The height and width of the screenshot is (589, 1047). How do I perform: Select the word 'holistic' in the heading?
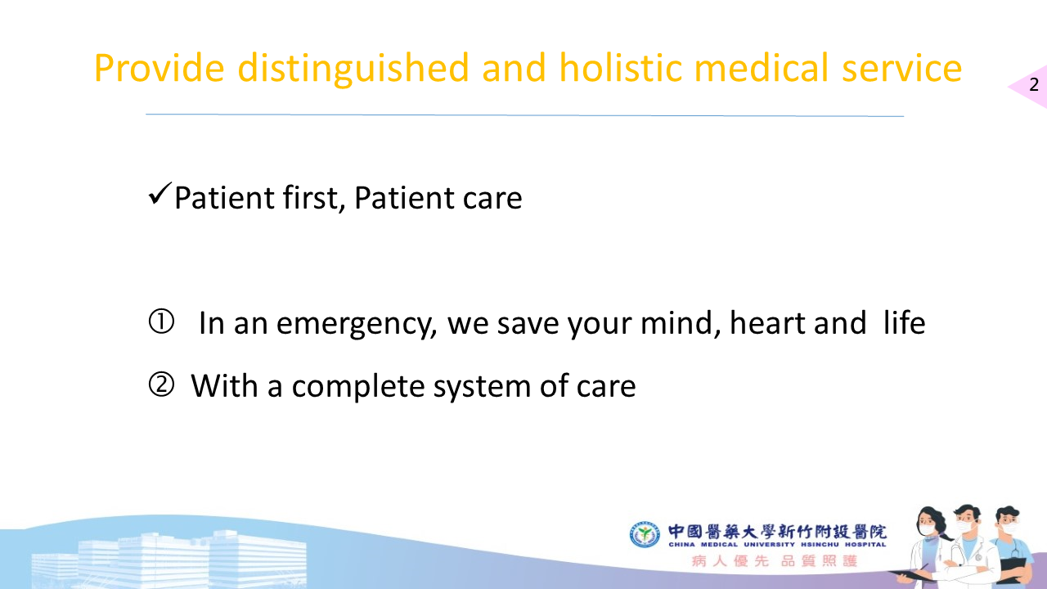(x=621, y=67)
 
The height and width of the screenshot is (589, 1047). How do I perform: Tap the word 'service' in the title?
(x=901, y=68)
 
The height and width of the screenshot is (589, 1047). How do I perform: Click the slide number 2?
(x=1034, y=84)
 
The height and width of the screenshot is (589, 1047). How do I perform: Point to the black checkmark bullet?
(x=160, y=194)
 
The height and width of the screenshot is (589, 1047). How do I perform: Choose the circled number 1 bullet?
(x=161, y=321)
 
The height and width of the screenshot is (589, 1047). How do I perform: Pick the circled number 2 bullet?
(x=161, y=384)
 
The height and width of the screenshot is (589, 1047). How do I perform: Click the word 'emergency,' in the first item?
(x=357, y=325)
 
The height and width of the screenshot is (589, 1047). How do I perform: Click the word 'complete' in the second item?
(x=358, y=387)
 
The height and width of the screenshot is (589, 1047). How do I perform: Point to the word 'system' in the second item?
(x=482, y=388)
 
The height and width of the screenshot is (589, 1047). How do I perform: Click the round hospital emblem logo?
(x=645, y=534)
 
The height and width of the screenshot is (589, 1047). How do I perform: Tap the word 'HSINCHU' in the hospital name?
(x=820, y=545)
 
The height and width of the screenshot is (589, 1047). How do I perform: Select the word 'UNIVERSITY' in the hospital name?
(x=769, y=545)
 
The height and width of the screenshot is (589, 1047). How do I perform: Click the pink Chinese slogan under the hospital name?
(x=775, y=560)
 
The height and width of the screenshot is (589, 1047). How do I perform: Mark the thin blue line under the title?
(x=524, y=115)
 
